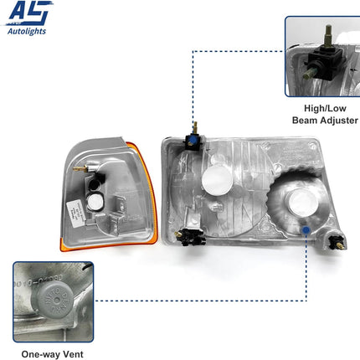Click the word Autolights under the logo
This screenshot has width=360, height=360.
click(x=26, y=32)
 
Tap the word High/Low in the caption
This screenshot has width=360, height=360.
click(x=322, y=108)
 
